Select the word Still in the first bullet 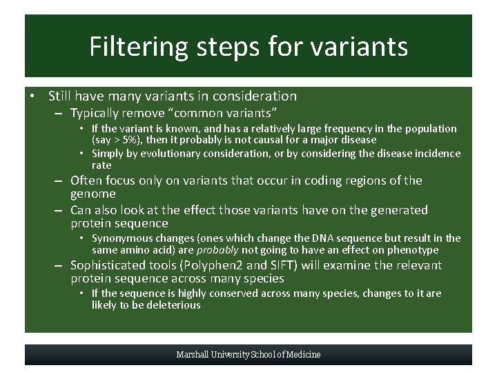(61, 96)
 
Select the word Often (86, 180)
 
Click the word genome (93, 194)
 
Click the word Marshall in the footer (195, 355)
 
